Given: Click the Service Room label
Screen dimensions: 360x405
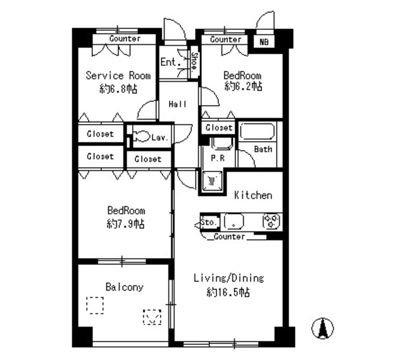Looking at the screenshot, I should tap(118, 76).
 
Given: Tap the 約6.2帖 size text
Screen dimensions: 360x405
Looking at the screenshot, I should tap(243, 87).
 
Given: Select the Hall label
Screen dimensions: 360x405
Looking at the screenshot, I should tap(177, 104).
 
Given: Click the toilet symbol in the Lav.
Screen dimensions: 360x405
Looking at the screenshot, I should tap(141, 136).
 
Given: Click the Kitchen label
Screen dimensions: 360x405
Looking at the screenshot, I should tap(253, 195).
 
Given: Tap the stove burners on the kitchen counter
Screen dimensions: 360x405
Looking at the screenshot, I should tap(273, 221).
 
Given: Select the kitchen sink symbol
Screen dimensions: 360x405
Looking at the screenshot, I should tap(234, 222).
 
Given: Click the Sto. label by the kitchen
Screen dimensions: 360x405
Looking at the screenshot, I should tap(209, 222).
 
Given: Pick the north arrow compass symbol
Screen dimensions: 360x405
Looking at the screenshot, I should tap(323, 328).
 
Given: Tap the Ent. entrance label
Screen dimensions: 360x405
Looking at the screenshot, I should tap(168, 62).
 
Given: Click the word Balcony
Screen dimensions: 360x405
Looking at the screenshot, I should tap(124, 287).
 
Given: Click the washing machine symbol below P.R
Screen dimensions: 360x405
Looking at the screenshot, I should tap(211, 181).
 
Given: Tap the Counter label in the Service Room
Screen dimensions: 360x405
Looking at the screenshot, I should tap(125, 39).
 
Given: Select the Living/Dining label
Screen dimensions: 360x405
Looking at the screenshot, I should tap(228, 278).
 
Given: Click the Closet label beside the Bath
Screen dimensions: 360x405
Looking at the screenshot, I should tap(219, 128).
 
